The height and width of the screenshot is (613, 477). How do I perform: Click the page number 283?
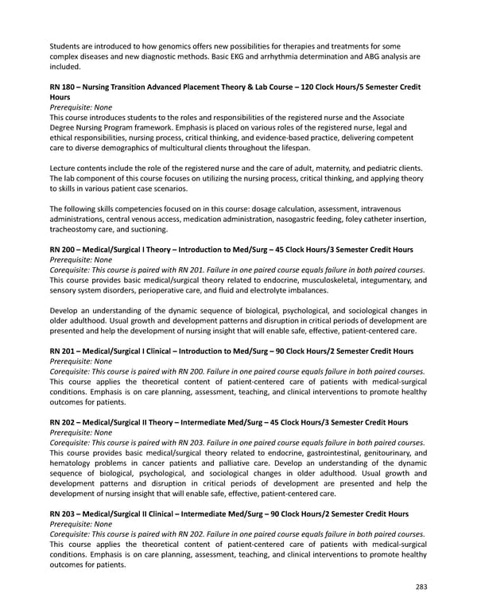click(421, 588)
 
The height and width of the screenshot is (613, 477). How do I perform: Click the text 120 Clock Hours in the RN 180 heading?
click(322, 86)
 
